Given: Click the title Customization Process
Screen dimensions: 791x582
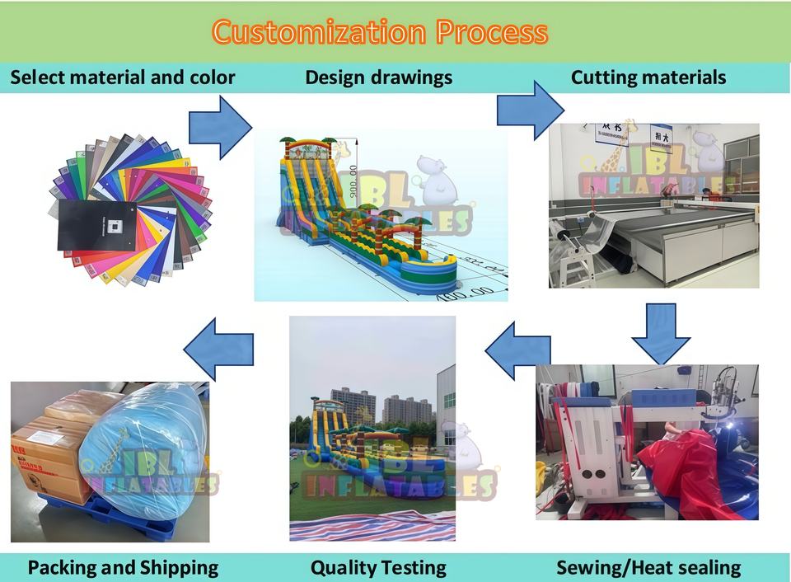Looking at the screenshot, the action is point(380,32).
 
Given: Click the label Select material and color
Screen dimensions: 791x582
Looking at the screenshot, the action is point(122,77).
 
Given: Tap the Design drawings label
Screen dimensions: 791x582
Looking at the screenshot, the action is point(378,77).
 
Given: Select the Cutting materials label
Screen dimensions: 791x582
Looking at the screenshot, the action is point(648,77).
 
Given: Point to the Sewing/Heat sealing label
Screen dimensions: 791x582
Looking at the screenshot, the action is point(648,567).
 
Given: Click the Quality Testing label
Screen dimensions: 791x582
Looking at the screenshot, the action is point(378,567).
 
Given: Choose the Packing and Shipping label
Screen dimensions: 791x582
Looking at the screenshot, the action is point(123,567).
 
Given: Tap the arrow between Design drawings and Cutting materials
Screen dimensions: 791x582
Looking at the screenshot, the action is point(530,109).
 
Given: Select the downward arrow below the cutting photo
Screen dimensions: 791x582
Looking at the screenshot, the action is point(661,331).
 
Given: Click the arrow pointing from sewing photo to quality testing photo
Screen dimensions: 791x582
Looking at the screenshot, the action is point(517,350).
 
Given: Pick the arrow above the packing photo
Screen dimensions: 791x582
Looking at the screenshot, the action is point(218,350).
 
